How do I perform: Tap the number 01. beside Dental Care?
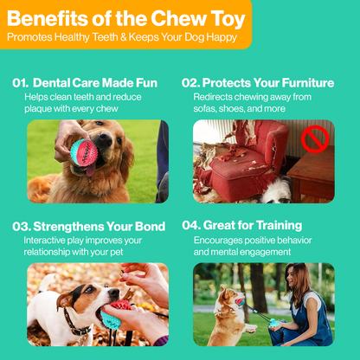tap(22, 83)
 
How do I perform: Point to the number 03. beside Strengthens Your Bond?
tap(22, 226)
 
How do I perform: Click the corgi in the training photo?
tap(232, 316)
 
